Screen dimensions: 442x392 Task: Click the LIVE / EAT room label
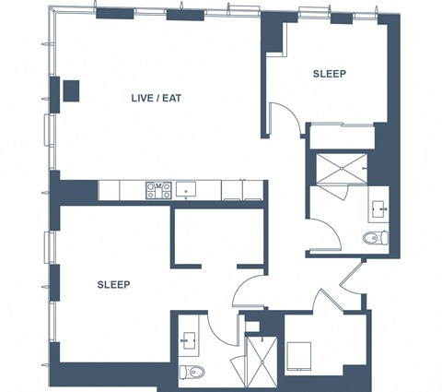(157, 99)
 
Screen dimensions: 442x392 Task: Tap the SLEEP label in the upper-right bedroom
(330, 74)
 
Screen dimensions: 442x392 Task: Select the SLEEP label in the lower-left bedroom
(113, 285)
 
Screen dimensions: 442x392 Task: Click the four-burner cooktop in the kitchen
(158, 190)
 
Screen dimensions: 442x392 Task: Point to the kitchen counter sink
(186, 189)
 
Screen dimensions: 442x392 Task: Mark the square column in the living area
(71, 91)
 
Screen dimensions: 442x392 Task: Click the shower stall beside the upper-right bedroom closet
(342, 169)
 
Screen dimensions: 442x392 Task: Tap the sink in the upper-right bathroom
(378, 209)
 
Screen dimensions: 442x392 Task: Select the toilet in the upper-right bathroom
(375, 238)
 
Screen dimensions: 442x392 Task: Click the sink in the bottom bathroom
(189, 340)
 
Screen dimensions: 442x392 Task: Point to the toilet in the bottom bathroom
(192, 372)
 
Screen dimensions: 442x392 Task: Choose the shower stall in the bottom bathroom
(262, 362)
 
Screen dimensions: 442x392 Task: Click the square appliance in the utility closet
(299, 357)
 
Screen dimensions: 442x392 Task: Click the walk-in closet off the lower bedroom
(219, 237)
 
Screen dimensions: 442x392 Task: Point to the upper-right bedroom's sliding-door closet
(343, 137)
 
